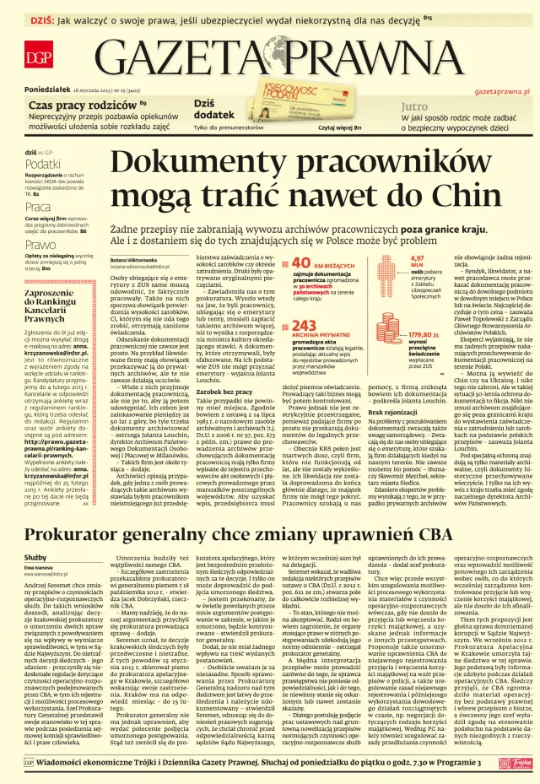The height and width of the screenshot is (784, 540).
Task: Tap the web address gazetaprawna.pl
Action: tap(502, 89)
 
